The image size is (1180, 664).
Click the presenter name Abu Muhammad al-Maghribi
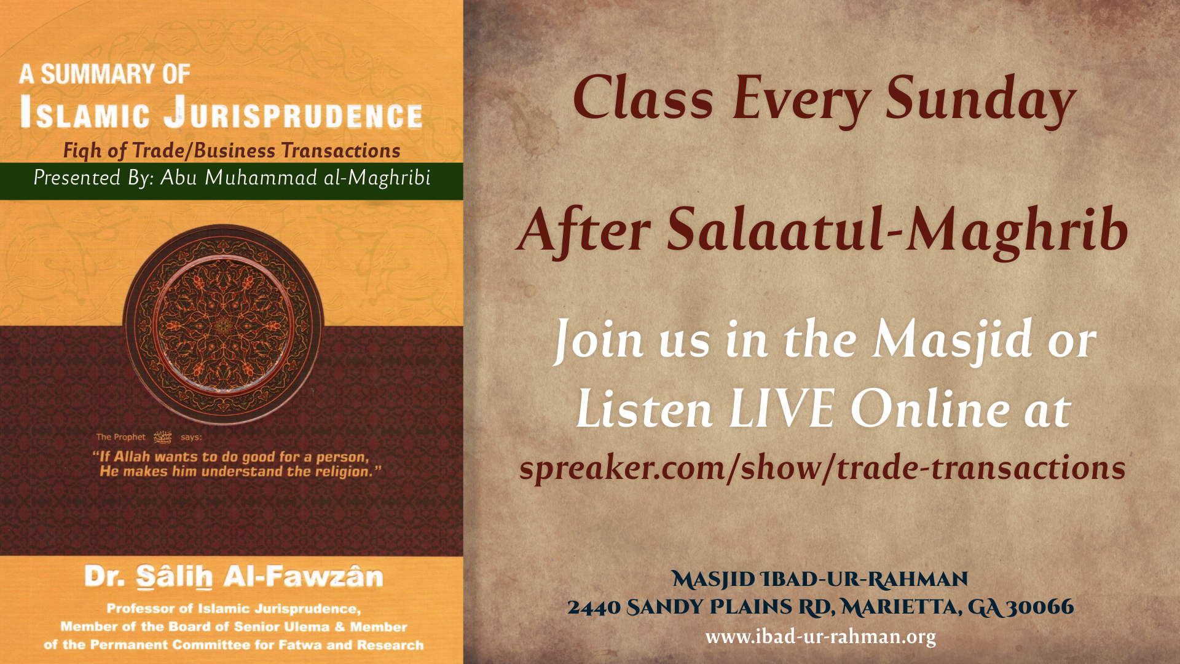[x=296, y=178]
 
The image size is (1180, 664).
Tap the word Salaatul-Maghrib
[x=897, y=231]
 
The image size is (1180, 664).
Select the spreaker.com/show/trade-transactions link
[x=822, y=469]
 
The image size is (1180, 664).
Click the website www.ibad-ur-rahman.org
[x=820, y=636]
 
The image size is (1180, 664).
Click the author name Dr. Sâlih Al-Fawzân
[x=234, y=577]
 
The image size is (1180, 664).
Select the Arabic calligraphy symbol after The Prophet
[x=163, y=437]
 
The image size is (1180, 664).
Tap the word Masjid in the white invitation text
[x=952, y=339]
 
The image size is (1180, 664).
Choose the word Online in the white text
[x=929, y=409]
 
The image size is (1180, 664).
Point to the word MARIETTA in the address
[x=899, y=607]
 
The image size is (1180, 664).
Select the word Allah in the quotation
[x=132, y=457]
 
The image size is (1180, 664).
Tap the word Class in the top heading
[x=643, y=99]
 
